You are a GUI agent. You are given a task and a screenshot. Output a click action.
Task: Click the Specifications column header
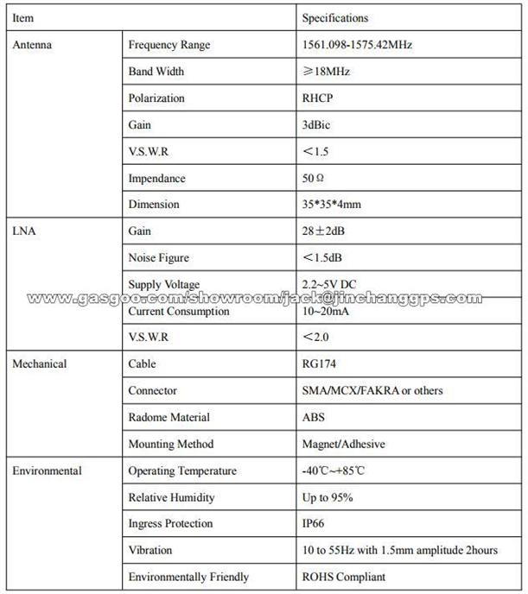pos(334,18)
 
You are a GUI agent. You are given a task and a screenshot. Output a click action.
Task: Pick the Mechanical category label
pos(39,363)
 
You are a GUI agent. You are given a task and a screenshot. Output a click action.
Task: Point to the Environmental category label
pos(47,471)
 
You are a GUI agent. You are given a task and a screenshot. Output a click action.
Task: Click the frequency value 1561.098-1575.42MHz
pos(358,45)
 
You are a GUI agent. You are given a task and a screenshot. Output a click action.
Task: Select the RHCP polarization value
pos(317,98)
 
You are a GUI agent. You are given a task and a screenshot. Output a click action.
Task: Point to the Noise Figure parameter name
pos(158,257)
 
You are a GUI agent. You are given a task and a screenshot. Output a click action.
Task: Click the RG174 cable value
pos(319,363)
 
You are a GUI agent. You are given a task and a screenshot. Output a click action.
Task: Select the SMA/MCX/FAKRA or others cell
pos(372,390)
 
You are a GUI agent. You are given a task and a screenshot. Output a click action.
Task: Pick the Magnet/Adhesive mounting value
pos(344,444)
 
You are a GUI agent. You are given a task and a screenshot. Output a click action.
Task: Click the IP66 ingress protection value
pos(314,523)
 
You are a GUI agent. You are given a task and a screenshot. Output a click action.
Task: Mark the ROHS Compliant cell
pos(344,577)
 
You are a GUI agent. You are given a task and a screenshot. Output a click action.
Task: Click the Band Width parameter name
pos(156,72)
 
